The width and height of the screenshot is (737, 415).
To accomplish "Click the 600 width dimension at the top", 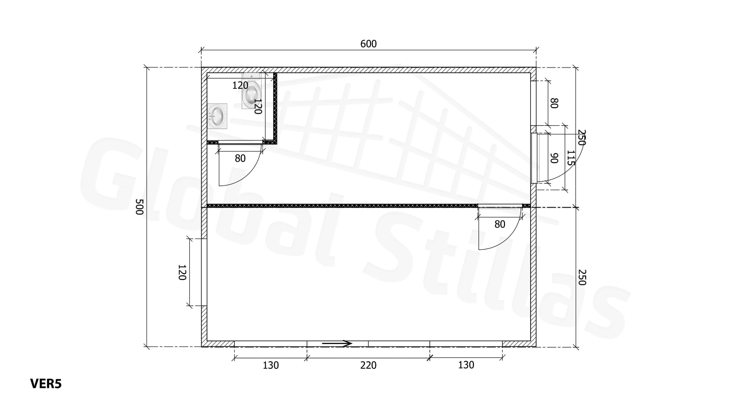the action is pos(368,44).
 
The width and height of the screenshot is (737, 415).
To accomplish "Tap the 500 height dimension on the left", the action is pos(139,207).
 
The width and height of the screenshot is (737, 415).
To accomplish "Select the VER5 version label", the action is pos(46,384).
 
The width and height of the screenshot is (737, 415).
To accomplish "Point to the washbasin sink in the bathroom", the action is pos(217,116).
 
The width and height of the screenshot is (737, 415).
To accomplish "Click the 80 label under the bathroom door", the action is pos(240,158).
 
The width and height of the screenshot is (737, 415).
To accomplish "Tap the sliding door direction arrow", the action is pos(337,343).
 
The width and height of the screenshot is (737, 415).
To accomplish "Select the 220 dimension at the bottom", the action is pos(368,365).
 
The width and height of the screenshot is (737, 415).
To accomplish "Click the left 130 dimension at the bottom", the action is pos(271,365).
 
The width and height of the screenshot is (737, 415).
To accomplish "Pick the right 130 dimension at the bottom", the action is pos(466,365).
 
